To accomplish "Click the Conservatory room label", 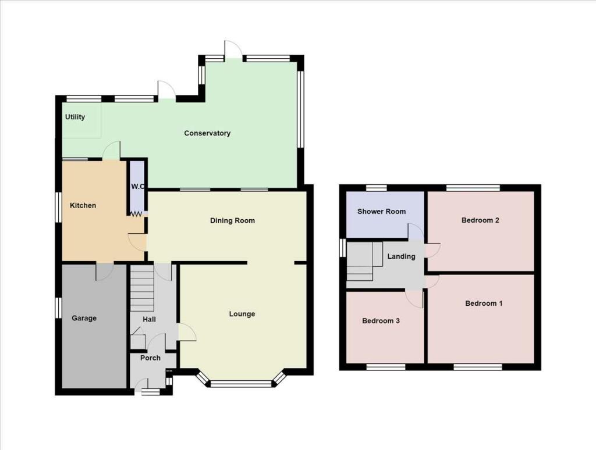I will [x=207, y=133].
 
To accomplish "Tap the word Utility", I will [x=75, y=117].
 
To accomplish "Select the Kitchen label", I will [x=83, y=205].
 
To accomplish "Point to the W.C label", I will [x=137, y=187].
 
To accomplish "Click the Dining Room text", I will [x=233, y=220].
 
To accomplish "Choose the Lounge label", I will [x=242, y=314].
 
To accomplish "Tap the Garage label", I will [x=84, y=318].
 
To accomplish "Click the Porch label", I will [x=150, y=358].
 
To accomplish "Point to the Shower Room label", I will [x=382, y=211].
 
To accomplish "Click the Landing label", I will [x=402, y=256].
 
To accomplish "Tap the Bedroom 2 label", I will [x=481, y=220].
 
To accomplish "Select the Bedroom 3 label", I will [x=381, y=320].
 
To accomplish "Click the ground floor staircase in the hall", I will [x=141, y=288].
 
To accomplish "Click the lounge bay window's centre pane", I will [x=241, y=383].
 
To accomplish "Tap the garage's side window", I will [x=58, y=308].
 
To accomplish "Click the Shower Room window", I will [x=377, y=187].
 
